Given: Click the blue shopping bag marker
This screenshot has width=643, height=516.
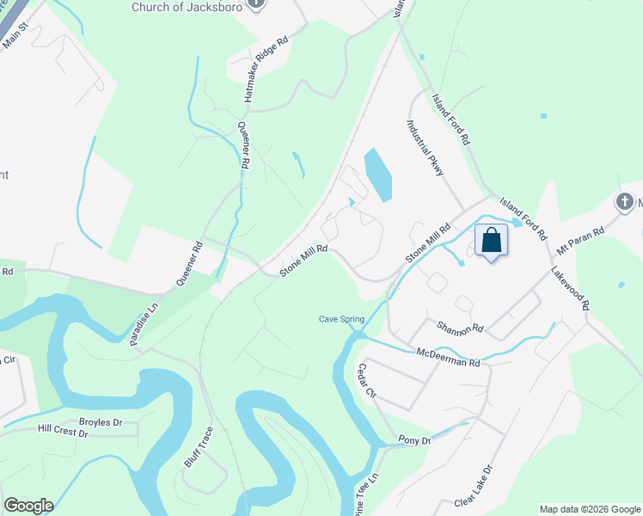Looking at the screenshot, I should click(491, 240).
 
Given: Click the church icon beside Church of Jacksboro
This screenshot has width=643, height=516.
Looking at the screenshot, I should click(255, 4).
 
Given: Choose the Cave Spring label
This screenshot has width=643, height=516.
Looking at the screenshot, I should click(342, 319).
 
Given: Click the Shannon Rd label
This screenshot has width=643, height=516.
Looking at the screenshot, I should click(460, 328).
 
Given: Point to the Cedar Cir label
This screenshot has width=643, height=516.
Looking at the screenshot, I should click(367, 380).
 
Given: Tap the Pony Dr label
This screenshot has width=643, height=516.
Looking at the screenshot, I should click(414, 439).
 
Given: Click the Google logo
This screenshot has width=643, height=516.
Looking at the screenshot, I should click(28, 506).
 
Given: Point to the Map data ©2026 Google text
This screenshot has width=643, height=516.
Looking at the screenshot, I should click(589, 509).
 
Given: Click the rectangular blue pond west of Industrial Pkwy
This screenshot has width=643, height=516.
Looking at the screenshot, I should click(377, 175).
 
